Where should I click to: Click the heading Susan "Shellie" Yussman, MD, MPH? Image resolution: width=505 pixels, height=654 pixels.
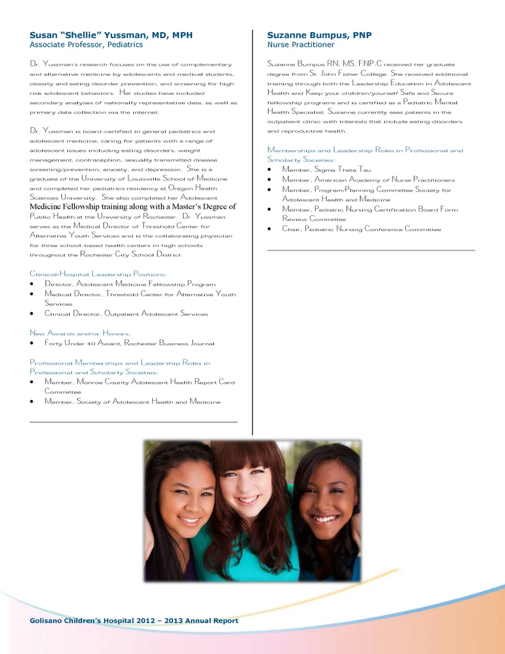[111, 35]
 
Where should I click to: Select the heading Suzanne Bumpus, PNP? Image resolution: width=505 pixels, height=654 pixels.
[319, 35]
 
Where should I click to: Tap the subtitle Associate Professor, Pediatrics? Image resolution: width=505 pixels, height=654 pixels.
[86, 45]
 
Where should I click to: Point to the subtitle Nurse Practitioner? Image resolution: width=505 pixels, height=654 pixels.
[300, 45]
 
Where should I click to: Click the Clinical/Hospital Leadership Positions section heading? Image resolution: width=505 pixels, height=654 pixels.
[98, 274]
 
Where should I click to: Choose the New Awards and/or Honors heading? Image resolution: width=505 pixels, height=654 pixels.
[80, 333]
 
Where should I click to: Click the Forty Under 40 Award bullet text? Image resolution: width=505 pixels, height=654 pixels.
[129, 343]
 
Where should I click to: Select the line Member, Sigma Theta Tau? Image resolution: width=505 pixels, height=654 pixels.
[327, 170]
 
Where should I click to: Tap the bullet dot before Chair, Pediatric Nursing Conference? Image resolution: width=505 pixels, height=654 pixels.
[269, 229]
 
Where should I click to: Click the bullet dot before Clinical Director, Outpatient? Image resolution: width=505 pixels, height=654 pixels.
[32, 314]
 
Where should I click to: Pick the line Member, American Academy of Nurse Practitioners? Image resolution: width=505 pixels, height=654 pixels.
[368, 180]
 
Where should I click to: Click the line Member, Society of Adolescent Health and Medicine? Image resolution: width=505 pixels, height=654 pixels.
[133, 402]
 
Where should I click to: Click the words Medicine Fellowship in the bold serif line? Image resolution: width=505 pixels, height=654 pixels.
[64, 207]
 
